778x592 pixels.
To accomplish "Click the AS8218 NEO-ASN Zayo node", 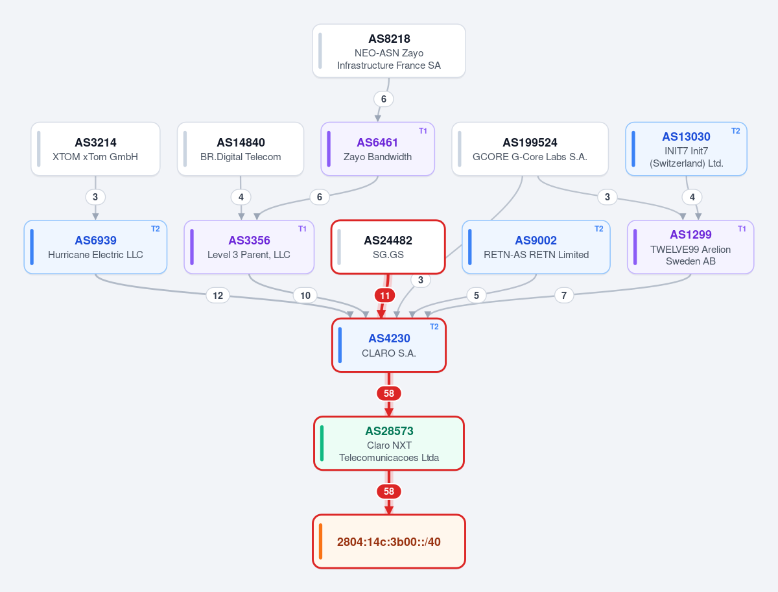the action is [x=389, y=51].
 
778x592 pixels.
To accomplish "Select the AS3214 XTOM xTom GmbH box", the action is [x=95, y=149].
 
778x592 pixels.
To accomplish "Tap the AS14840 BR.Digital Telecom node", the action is [x=241, y=149].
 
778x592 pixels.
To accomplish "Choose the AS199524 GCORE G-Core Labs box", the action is [x=530, y=149].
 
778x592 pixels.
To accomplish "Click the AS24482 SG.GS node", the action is [x=388, y=247].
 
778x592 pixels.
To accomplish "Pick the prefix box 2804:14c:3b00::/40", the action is [x=389, y=541].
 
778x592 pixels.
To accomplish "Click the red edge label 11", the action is [x=385, y=295].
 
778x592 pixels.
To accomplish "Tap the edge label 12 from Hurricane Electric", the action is [x=218, y=295].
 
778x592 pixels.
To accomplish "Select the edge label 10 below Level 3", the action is [x=305, y=295].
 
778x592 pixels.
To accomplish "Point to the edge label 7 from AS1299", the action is [x=564, y=295].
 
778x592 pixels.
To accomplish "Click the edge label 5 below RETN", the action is [x=477, y=295].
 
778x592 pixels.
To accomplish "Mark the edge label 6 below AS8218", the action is [x=384, y=99].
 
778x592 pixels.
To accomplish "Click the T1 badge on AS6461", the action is [x=423, y=131].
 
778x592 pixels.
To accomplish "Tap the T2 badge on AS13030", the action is [x=735, y=131].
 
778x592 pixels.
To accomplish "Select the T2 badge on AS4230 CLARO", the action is [x=434, y=327].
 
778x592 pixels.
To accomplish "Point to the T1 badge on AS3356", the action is [x=302, y=229].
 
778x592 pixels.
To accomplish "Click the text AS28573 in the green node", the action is [x=389, y=431].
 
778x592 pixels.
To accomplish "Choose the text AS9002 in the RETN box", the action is [x=536, y=241].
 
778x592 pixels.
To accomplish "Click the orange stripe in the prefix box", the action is [x=320, y=541].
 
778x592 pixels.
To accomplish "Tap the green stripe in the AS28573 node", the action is [x=322, y=443].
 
